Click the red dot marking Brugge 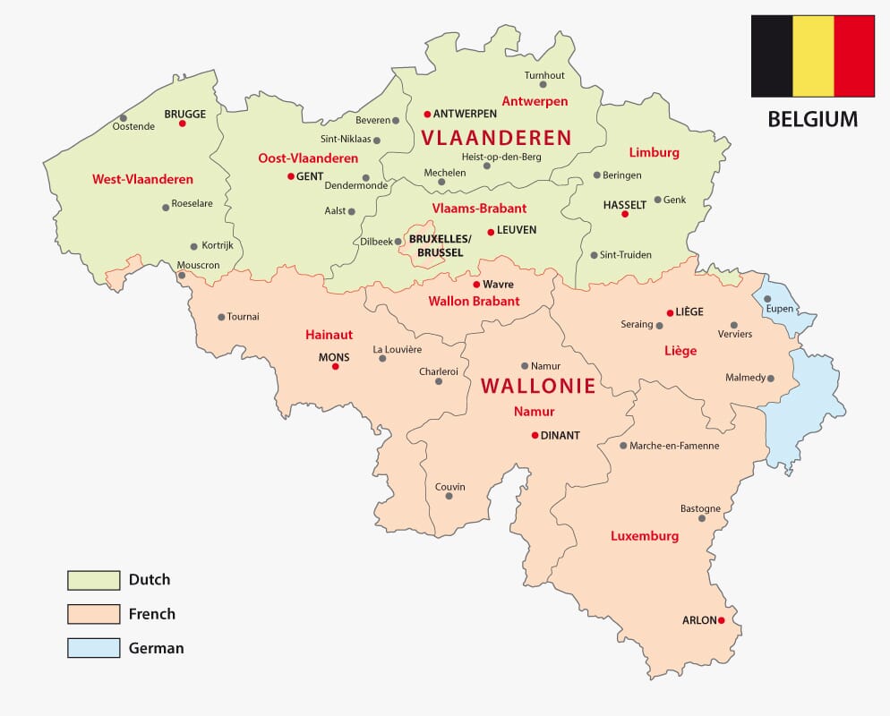(x=182, y=124)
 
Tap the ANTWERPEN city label (x=465, y=115)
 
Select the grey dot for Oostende (x=124, y=117)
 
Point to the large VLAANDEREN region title (x=496, y=138)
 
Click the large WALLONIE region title (x=538, y=387)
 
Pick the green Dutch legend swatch (x=93, y=580)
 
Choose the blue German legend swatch (x=93, y=648)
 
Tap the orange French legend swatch (x=93, y=614)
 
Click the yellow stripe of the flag (x=813, y=55)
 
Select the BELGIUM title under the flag (x=813, y=119)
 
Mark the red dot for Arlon (x=721, y=620)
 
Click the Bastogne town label (x=700, y=507)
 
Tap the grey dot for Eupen (x=767, y=299)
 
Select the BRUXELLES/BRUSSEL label (x=436, y=246)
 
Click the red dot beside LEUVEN (x=490, y=232)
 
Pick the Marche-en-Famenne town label (x=674, y=446)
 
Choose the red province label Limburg (x=654, y=152)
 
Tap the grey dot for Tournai (x=220, y=317)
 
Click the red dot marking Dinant (x=535, y=436)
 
